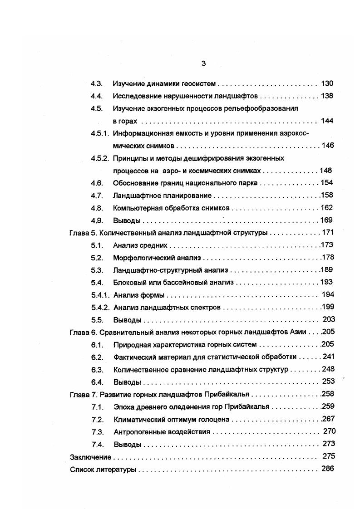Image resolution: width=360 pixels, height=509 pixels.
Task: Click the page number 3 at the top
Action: click(203, 64)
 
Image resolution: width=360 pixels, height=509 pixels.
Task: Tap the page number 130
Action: click(327, 83)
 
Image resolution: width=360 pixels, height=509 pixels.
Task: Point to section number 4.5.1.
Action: click(100, 133)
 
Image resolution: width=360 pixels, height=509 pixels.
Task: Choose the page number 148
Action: click(325, 170)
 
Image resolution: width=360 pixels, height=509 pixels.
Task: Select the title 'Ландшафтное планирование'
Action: click(162, 196)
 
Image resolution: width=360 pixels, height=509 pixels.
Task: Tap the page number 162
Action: click(326, 208)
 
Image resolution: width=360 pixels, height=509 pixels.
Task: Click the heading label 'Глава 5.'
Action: click(83, 233)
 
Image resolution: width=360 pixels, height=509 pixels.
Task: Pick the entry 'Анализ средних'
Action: click(140, 245)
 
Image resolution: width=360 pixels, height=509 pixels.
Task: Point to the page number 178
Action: click(327, 258)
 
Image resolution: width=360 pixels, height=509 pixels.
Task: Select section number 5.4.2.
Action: click(100, 308)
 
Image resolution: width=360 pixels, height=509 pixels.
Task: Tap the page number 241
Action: click(328, 357)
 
